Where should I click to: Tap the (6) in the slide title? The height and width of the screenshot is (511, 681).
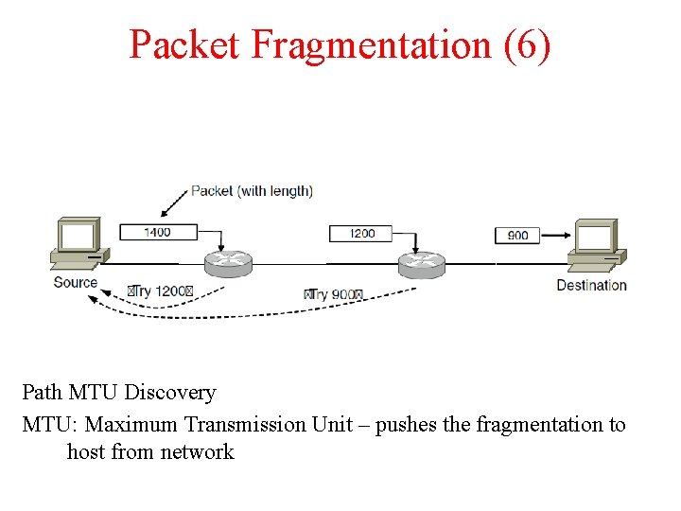pos(528,44)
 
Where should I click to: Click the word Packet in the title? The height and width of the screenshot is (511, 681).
pos(184,44)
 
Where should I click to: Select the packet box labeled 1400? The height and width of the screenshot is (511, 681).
pos(158,232)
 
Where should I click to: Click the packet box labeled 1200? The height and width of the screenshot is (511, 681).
pos(362,233)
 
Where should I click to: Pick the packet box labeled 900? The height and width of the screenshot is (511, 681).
pos(517,235)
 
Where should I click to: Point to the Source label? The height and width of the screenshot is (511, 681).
pos(76,282)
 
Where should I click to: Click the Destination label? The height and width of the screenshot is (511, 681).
pos(591,285)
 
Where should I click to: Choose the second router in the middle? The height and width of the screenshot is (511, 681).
pos(422,264)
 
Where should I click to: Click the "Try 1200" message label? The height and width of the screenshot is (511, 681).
pos(160,291)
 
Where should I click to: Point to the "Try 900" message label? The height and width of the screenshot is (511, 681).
pos(333,294)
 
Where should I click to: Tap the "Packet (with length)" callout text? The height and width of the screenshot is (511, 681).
pos(252,190)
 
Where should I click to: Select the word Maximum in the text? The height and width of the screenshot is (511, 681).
pos(132,425)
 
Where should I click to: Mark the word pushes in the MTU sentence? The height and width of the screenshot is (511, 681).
pos(406,425)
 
